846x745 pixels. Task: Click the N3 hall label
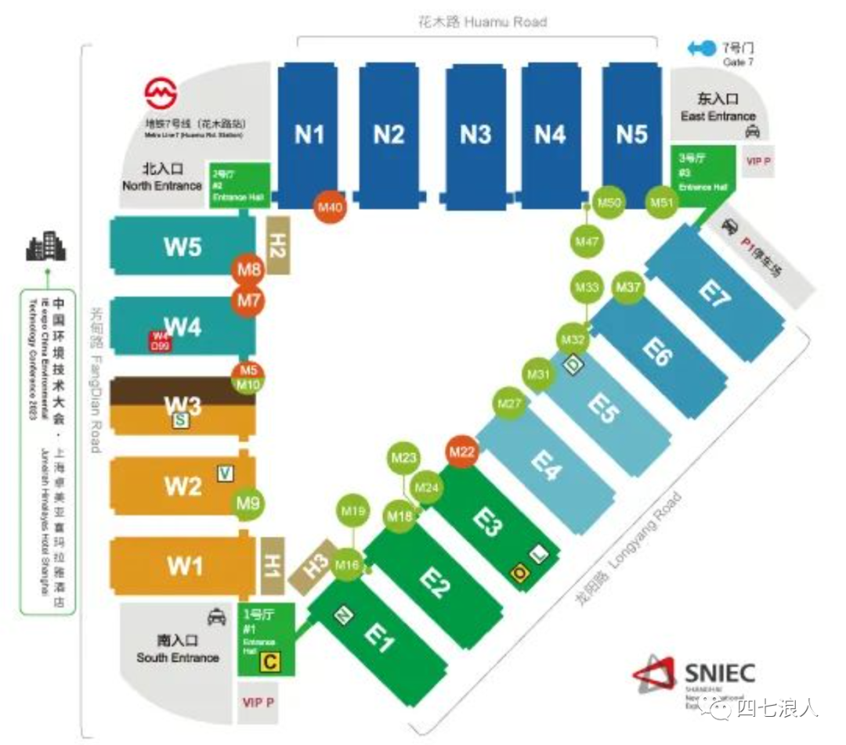(475, 135)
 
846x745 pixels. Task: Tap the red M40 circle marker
(331, 207)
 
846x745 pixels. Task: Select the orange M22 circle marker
(462, 452)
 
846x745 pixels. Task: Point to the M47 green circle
(587, 242)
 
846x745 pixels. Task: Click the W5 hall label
(183, 247)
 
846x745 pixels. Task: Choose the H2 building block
(278, 245)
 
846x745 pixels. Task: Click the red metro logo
(161, 94)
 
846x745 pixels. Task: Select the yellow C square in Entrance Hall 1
(269, 663)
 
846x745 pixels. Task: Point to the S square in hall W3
(179, 421)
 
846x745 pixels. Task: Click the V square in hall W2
(226, 472)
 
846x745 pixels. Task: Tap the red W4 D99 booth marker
(160, 340)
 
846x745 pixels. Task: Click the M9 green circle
(248, 503)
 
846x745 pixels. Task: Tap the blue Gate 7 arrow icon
(702, 49)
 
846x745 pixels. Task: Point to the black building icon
(46, 247)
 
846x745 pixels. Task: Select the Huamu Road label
(482, 22)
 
